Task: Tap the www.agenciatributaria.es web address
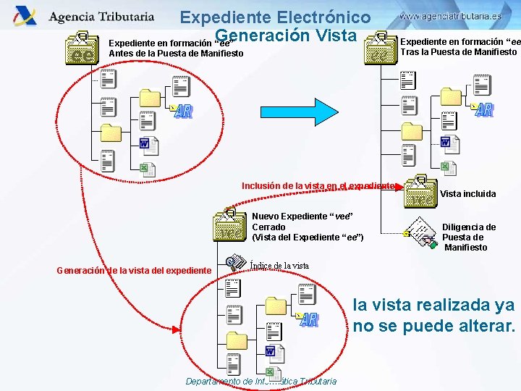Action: (449, 15)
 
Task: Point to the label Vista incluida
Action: (468, 193)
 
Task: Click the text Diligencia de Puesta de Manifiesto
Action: (469, 237)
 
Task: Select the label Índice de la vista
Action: (279, 266)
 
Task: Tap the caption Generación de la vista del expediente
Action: (134, 271)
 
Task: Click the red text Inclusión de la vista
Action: (318, 186)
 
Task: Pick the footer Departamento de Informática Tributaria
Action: (260, 381)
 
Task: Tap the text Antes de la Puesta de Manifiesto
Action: (176, 53)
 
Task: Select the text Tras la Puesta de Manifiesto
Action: (459, 51)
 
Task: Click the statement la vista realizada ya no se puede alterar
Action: (434, 315)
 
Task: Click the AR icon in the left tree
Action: (183, 111)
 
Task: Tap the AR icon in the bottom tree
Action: (308, 319)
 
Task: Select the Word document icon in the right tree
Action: (446, 142)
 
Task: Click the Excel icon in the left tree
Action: (145, 169)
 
